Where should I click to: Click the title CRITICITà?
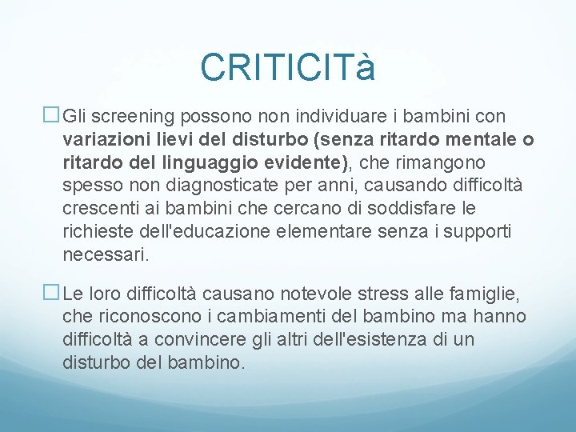tap(287, 67)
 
